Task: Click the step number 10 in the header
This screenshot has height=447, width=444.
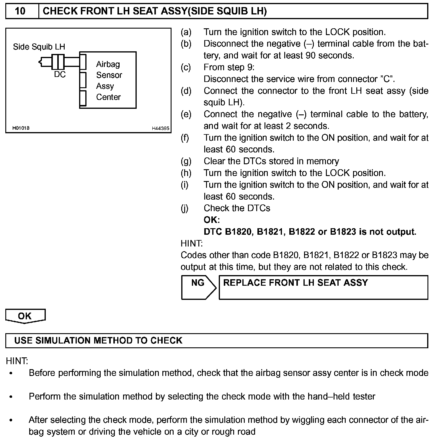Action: coord(20,11)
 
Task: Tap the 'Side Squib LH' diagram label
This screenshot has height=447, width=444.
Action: coord(39,47)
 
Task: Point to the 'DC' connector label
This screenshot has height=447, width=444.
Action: coord(60,75)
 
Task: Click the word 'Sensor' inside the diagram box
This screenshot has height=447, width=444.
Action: coord(109,75)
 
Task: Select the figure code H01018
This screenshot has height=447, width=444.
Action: coord(21,128)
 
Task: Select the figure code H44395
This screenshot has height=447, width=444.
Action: coord(160,128)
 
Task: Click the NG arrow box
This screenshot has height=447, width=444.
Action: coord(198,287)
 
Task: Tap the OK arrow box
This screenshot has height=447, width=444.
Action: coord(25,316)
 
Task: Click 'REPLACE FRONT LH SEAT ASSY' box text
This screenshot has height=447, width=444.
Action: coord(296,283)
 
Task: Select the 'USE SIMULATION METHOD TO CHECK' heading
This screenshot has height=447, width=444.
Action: coord(98,341)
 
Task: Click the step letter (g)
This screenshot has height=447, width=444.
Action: coord(186,161)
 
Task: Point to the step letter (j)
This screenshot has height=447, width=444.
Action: coord(185,208)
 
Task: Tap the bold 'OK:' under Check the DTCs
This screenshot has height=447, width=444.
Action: coord(212,220)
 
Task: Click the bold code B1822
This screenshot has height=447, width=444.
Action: coord(302,232)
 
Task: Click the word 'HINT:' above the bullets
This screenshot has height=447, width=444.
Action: coord(17,361)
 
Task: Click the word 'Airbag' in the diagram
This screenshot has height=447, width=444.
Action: coord(108,64)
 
